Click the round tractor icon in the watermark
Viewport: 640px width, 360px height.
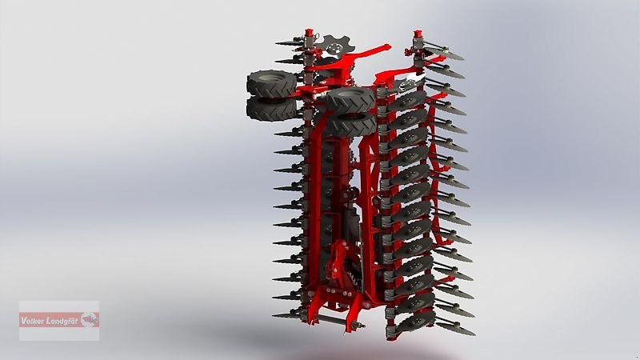[x=90, y=319]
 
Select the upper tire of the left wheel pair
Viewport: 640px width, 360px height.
[x=271, y=83]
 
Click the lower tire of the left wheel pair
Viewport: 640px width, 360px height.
[x=271, y=109]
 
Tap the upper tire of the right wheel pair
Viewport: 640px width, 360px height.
[x=350, y=99]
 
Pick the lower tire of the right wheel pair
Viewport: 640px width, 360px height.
[x=351, y=124]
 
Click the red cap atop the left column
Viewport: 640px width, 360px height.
[x=309, y=32]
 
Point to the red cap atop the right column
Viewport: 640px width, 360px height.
[x=417, y=33]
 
